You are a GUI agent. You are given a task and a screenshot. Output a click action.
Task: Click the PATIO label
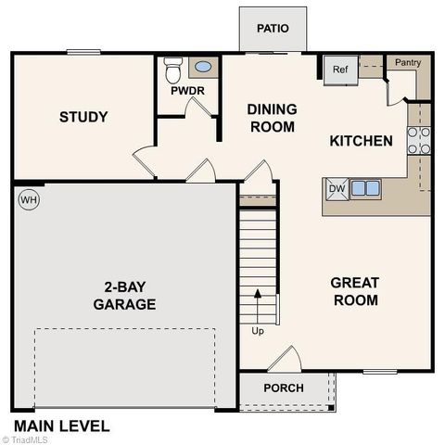click(x=273, y=28)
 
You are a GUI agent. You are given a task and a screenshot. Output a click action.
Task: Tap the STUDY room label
click(x=83, y=117)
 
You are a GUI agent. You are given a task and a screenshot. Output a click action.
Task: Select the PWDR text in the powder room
click(x=187, y=91)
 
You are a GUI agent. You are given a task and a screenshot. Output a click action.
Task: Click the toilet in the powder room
click(x=172, y=70)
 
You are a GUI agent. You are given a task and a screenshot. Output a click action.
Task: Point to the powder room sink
click(x=201, y=68)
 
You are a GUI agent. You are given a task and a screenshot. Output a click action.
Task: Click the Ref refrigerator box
click(x=339, y=70)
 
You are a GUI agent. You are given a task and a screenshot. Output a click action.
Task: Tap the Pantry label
click(x=408, y=62)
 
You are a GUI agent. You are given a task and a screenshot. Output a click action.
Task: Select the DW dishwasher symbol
click(x=336, y=189)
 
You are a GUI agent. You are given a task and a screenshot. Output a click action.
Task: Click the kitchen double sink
click(x=364, y=188)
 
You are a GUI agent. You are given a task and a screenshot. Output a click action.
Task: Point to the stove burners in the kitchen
click(x=418, y=139)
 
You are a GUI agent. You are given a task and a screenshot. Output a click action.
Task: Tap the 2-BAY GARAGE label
click(x=124, y=294)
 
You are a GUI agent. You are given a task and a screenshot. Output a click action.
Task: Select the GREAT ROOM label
click(x=354, y=290)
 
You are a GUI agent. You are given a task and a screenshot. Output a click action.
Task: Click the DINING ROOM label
click(x=272, y=118)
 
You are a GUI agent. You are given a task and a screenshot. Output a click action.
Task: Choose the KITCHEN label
click(x=362, y=141)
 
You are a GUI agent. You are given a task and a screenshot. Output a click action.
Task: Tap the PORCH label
click(x=283, y=388)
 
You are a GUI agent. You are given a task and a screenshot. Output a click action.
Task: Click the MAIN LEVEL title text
click(x=61, y=426)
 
